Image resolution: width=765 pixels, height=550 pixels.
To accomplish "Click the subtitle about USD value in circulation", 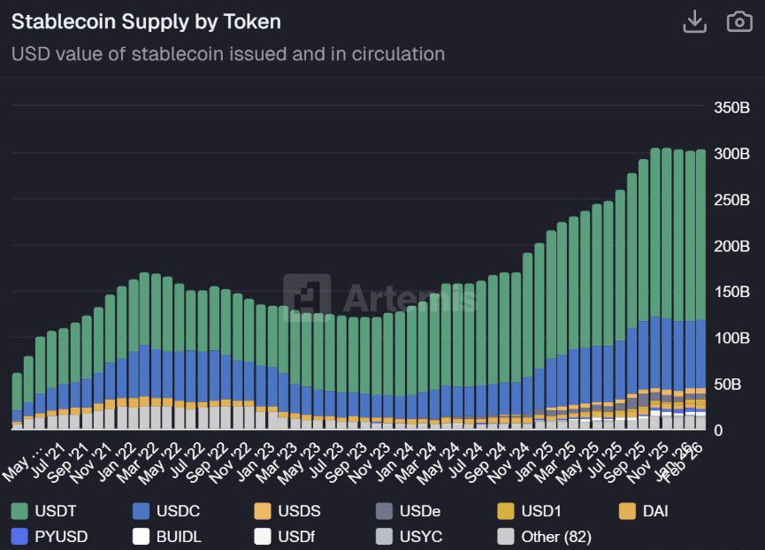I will point(227,54).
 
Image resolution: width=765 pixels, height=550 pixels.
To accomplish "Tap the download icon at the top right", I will point(695,22).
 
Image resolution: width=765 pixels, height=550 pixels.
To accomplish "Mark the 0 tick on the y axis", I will point(719,431).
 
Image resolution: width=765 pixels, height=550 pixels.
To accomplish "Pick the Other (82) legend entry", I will point(543,536).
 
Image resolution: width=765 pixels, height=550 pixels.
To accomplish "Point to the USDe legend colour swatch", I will point(383,510).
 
